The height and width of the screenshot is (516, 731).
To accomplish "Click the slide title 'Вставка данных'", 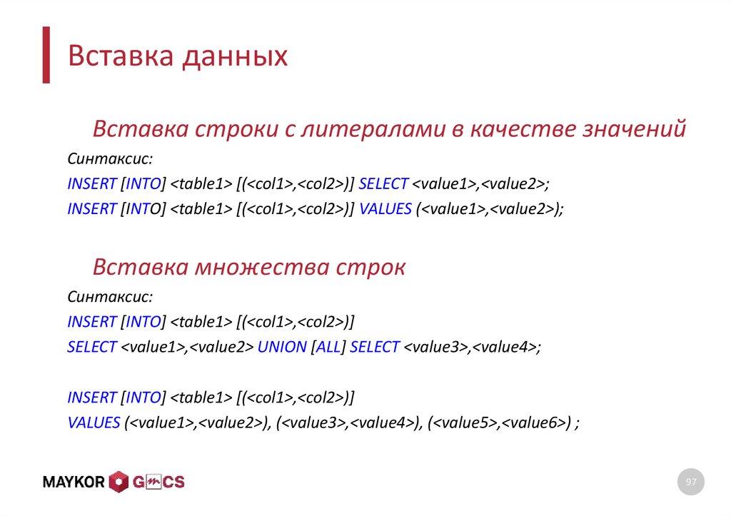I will [177, 56].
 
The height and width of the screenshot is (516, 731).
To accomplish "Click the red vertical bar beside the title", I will [46, 55].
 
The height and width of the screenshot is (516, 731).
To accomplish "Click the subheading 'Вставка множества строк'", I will [249, 268].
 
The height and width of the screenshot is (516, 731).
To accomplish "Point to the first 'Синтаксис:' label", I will [110, 158].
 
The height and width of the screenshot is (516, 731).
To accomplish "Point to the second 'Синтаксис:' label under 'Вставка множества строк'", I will [110, 296].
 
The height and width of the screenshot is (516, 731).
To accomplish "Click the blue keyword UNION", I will [282, 347].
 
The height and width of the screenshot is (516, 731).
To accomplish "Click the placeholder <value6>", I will [532, 422].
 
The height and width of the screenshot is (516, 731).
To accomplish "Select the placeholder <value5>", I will [464, 422].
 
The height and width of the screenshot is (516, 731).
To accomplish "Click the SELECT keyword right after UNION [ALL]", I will [375, 347].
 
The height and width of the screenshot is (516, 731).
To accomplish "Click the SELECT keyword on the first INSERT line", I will [383, 183].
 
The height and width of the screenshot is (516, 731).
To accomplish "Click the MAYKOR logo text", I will [74, 482].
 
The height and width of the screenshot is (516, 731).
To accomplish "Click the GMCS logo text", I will [158, 482].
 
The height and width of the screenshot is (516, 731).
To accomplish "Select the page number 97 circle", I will [690, 482].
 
